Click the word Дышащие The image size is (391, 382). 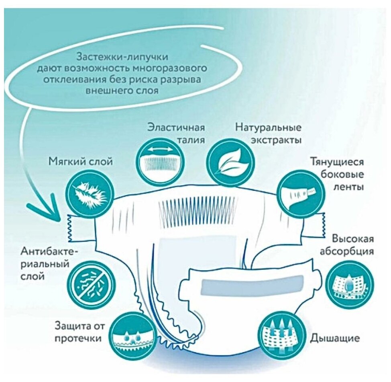pyautogui.click(x=334, y=338)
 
